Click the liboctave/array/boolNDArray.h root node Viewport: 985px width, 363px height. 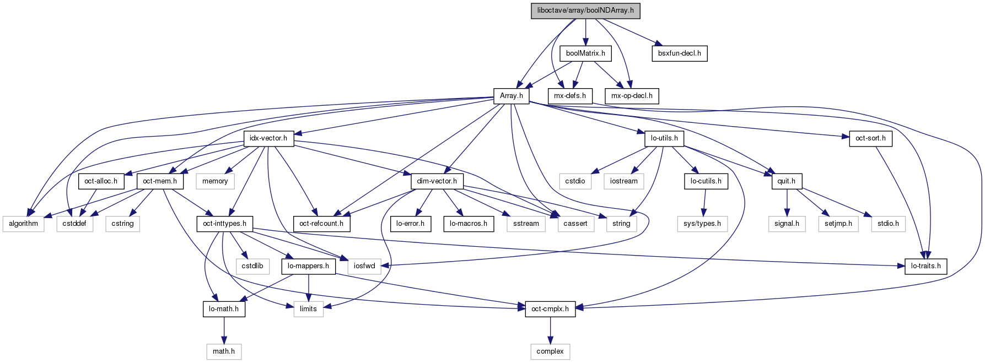coord(585,11)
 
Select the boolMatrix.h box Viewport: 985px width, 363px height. coord(585,53)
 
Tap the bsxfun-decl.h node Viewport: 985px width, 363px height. coord(679,53)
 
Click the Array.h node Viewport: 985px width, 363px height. coord(511,96)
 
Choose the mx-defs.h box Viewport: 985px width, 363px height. coord(570,96)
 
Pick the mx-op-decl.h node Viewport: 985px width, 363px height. coord(632,96)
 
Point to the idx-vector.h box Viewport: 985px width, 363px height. coord(268,138)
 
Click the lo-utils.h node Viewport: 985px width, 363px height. coord(664,138)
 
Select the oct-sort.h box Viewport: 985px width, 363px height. coord(870,138)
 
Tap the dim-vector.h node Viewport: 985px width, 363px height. coord(437,181)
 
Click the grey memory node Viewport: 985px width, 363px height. coord(215,181)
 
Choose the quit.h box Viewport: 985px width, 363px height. coord(786,181)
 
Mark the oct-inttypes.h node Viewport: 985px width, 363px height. coord(224,224)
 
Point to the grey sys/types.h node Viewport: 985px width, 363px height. coord(702,224)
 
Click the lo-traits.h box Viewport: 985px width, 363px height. coord(926,266)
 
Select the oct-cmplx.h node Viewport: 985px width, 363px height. coord(550,309)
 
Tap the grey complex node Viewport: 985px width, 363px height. coord(550,351)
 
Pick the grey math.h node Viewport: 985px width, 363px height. coord(224,351)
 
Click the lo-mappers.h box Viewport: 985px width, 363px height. coord(308,266)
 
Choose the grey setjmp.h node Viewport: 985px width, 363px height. coord(838,224)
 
